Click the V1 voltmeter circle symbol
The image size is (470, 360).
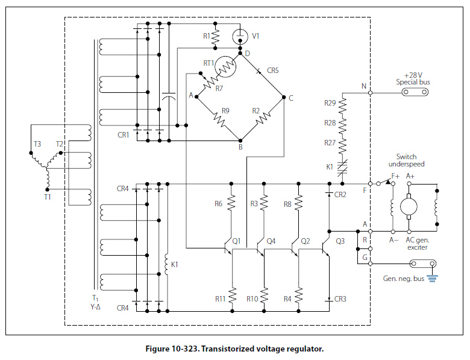(240, 36)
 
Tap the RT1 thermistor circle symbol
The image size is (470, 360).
(225, 67)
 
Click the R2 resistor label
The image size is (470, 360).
(255, 110)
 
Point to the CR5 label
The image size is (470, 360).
(272, 71)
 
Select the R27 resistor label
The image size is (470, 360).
(328, 143)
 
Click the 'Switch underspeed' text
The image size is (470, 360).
(410, 160)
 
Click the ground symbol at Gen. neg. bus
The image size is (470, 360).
(431, 279)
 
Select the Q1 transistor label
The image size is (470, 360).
(236, 241)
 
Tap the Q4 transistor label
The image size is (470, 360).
(271, 241)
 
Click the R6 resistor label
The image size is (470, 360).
(219, 204)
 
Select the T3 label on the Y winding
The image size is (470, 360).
(37, 144)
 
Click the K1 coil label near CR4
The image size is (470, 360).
(175, 264)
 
